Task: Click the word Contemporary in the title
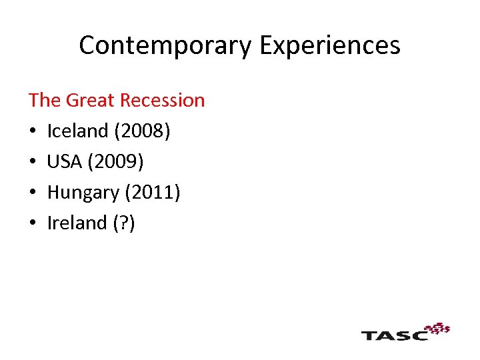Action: (165, 45)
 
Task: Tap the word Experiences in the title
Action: (329, 45)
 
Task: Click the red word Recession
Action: (164, 100)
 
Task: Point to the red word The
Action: (44, 100)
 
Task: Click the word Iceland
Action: (78, 131)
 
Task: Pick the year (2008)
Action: (142, 131)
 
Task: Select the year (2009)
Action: (120, 161)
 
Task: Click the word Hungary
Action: (83, 192)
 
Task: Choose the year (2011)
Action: (153, 192)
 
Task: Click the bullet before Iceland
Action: (32, 131)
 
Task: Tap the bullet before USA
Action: (32, 162)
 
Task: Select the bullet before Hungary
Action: (32, 193)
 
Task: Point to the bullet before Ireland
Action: (32, 223)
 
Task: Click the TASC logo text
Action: (394, 334)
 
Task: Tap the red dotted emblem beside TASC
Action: (438, 328)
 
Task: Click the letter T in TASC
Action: (370, 334)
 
